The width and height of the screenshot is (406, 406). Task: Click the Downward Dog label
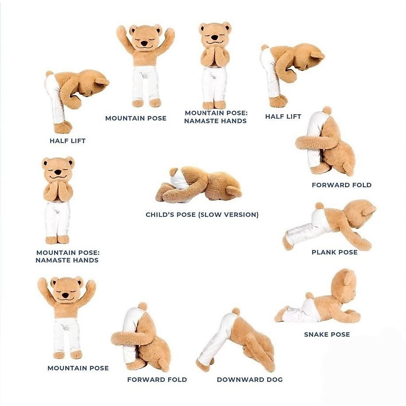coord(250,380)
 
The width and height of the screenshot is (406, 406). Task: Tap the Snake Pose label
coord(327,335)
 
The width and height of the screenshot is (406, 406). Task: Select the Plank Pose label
coord(334,252)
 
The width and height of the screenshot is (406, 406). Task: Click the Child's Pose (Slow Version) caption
coord(202,215)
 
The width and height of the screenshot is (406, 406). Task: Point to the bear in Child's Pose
coord(200,184)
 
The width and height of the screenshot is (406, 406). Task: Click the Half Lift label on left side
coord(68,141)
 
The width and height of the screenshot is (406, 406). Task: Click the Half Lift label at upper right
coord(283,116)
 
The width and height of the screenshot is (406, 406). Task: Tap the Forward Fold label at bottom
coord(157,380)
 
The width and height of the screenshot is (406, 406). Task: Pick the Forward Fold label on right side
coord(341,185)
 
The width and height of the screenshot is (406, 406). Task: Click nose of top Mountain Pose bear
coord(144,44)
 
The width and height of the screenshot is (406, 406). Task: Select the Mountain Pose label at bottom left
coord(78,368)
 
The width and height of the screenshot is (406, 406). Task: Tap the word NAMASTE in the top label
coord(202,121)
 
